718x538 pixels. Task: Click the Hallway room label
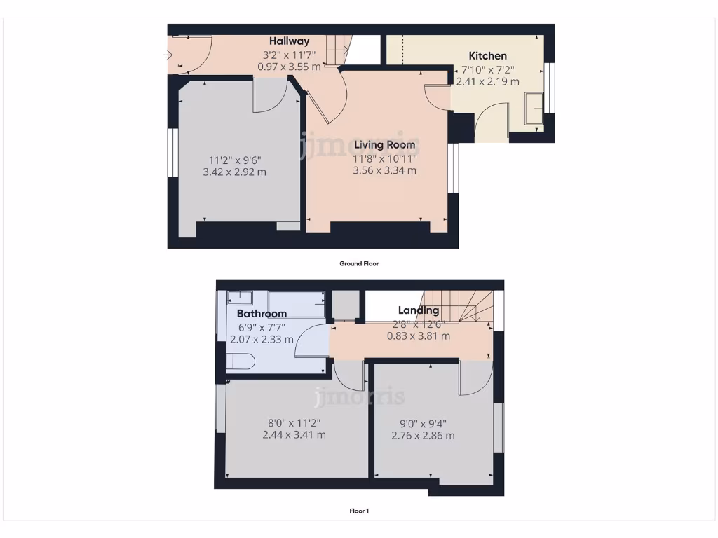(290, 41)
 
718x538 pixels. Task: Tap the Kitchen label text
(487, 55)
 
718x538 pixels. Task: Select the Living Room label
(384, 144)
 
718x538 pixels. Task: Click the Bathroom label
(262, 313)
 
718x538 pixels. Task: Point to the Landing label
(419, 310)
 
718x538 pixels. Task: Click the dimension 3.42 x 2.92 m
(234, 172)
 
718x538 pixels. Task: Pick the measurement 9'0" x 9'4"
(423, 423)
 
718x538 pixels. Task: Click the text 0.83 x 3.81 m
(419, 336)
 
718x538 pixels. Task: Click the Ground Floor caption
(359, 264)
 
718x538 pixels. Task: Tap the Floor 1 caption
(359, 511)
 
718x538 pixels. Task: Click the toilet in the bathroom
(240, 361)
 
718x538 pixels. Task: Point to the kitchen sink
(534, 109)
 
